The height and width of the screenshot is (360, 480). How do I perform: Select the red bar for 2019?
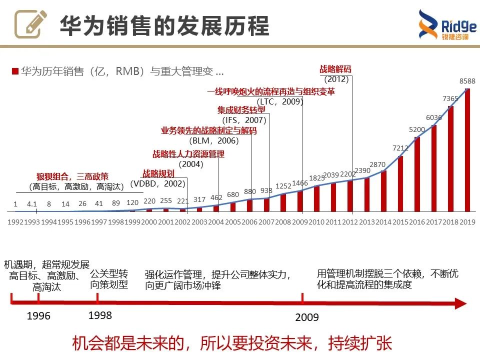pos(467,150)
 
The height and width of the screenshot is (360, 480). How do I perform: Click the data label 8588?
pos(467,81)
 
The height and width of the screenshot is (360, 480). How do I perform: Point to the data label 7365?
pos(450,98)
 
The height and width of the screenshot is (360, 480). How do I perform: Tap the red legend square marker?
pos(15,71)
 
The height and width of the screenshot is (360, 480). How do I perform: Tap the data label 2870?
pos(377,164)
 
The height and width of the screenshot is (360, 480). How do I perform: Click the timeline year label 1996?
pos(38,316)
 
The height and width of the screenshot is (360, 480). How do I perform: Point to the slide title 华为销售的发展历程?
pos(164,25)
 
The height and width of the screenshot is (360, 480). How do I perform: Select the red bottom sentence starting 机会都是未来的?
pos(232,344)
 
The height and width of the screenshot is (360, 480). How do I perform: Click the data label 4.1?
pos(32,204)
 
